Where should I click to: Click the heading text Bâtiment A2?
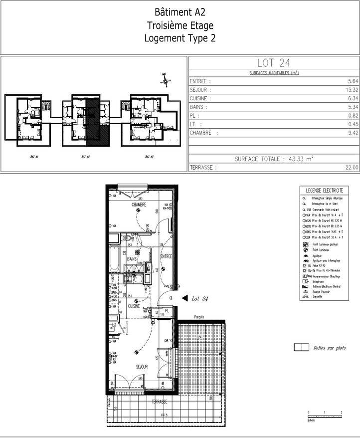[180, 12]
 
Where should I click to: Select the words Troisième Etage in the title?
[180, 25]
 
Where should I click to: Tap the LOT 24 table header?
[274, 63]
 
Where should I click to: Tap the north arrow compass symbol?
[165, 79]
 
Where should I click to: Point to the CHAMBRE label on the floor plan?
[139, 205]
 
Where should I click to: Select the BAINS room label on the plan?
[132, 259]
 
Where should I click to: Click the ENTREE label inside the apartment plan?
[166, 256]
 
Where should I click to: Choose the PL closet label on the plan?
[168, 311]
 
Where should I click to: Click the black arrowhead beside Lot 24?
[184, 298]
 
